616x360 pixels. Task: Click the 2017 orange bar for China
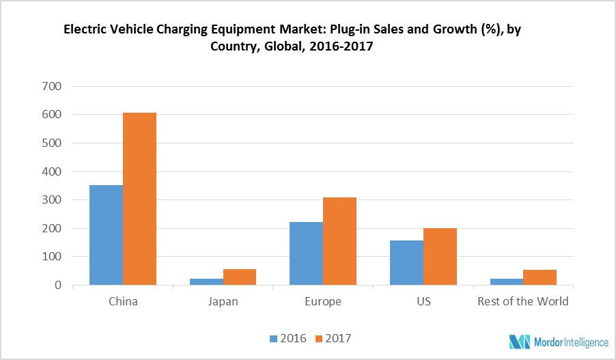click(139, 199)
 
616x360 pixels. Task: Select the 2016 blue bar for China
click(106, 235)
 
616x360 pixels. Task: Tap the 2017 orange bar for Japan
click(240, 277)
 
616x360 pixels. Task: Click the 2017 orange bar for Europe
click(339, 241)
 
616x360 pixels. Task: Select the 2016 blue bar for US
click(406, 262)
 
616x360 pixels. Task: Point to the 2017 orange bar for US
click(440, 256)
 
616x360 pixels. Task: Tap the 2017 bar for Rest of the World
click(540, 277)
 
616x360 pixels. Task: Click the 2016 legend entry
click(288, 338)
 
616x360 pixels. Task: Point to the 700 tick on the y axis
click(52, 86)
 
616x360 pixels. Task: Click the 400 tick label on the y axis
click(52, 171)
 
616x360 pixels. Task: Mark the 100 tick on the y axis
click(52, 257)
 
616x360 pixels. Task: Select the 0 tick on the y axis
click(57, 286)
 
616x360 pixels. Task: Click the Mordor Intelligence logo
click(557, 342)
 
